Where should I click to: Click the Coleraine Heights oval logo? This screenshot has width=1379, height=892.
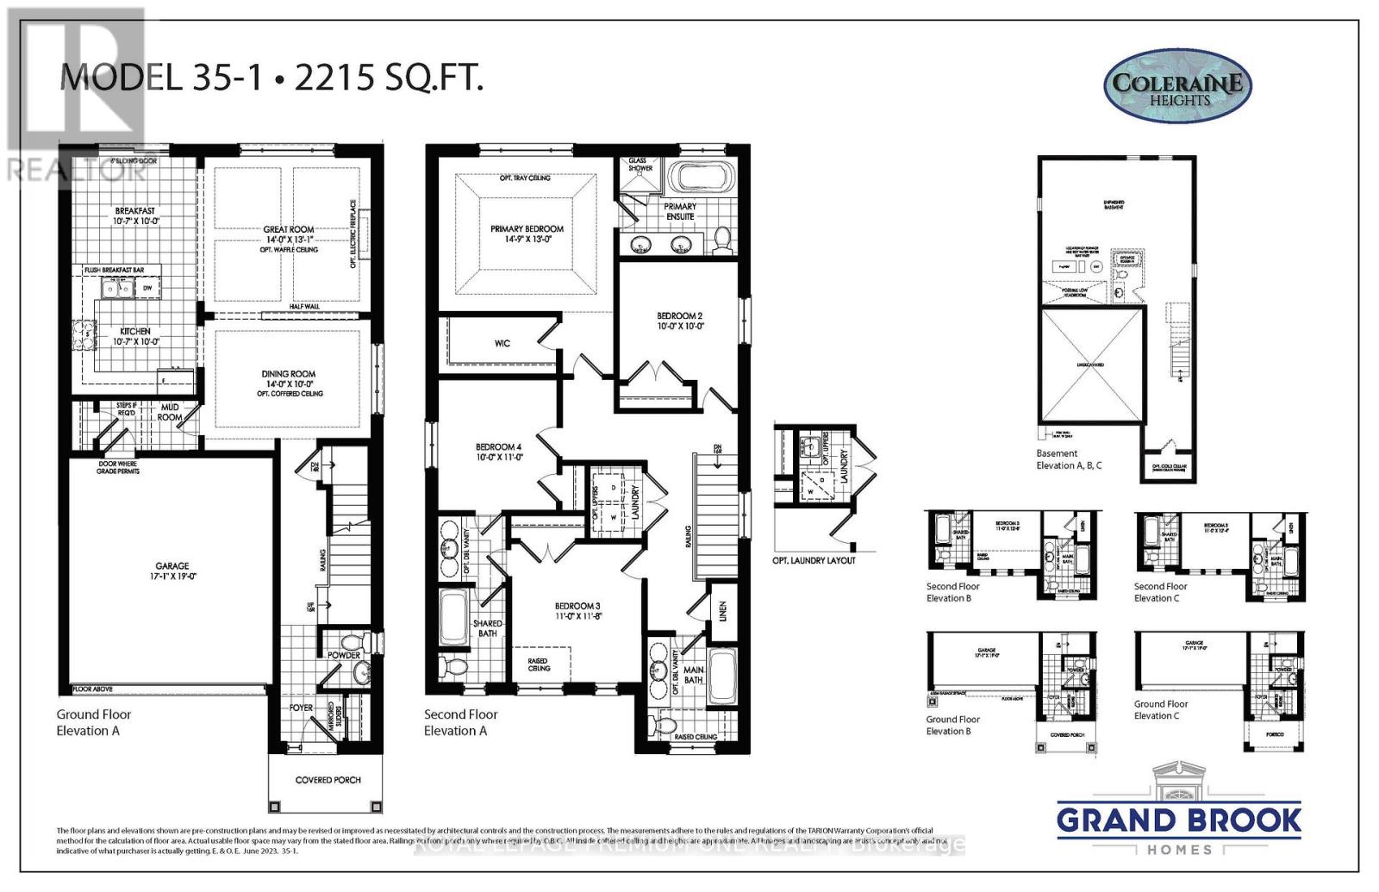point(1177,86)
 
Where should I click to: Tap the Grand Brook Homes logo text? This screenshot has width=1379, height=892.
point(1179,820)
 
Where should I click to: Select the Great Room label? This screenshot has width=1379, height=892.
point(289,230)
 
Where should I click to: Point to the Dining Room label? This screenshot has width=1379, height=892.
point(289,374)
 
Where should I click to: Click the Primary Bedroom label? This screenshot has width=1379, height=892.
point(527,229)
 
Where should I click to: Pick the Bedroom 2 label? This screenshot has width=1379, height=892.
point(679,316)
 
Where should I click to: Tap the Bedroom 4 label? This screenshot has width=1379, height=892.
point(498,447)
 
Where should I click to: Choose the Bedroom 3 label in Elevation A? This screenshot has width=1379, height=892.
point(577,606)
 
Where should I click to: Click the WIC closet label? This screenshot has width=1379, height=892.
point(502,343)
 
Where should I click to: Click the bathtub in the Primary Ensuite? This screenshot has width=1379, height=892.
point(701,178)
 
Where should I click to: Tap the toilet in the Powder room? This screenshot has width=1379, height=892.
point(351,643)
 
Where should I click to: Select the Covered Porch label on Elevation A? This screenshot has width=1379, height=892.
point(328,780)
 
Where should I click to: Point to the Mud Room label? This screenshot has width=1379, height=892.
point(170,412)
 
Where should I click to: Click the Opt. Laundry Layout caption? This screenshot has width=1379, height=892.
point(814,560)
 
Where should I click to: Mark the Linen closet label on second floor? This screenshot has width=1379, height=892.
point(722,611)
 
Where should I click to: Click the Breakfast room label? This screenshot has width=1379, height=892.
point(135,211)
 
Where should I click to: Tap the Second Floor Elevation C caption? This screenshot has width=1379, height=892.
point(1160,592)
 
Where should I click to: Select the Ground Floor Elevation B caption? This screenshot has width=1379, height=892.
point(952,725)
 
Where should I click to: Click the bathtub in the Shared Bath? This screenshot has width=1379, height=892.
point(453,617)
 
